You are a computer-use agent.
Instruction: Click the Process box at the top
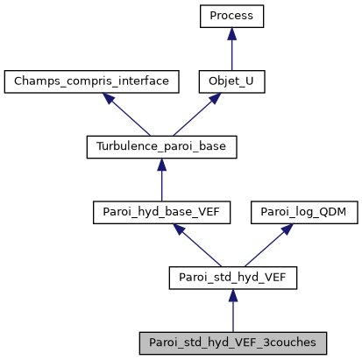pos(231,16)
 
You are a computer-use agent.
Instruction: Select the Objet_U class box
pos(231,81)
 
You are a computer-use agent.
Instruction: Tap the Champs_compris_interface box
pos(91,81)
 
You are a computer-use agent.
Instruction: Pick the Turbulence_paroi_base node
pos(161,146)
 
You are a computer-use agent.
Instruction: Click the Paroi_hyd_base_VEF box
pos(161,212)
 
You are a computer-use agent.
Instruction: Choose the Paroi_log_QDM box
pos(297,212)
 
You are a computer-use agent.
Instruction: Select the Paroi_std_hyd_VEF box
pos(232,278)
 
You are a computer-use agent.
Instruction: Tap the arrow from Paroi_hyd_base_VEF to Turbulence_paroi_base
pos(161,180)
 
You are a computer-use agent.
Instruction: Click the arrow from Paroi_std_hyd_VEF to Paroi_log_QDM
pos(264,245)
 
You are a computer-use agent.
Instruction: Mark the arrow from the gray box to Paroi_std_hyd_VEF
pos(232,311)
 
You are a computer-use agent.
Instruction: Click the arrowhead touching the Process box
pos(231,33)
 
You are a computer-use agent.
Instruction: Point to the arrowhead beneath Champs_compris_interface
pos(110,99)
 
